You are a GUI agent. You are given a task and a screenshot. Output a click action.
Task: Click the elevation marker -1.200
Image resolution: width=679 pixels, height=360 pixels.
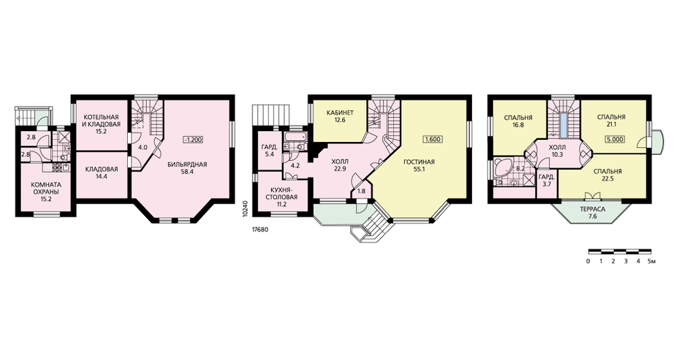click(x=193, y=139)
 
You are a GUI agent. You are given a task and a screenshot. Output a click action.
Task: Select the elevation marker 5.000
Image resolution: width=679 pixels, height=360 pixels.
click(x=615, y=139)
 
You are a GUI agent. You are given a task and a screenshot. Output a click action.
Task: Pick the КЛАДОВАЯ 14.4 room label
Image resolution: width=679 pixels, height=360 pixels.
click(x=101, y=173)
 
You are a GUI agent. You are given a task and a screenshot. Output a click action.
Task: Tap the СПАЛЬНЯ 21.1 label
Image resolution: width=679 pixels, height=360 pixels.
click(x=611, y=120)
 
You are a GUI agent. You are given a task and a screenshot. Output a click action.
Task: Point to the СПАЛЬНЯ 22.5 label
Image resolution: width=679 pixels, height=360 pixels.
click(x=610, y=175)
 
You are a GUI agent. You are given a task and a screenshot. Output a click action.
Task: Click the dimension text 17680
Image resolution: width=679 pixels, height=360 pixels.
click(x=260, y=230)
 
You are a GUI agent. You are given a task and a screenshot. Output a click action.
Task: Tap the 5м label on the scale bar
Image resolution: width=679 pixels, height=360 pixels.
click(x=652, y=262)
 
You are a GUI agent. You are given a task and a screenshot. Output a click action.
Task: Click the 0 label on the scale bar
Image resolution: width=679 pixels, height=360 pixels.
click(x=588, y=262)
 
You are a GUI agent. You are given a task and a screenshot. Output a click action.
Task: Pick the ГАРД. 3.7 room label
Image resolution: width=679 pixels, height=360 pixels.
click(x=545, y=181)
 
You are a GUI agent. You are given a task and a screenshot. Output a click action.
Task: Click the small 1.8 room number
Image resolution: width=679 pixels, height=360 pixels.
click(x=362, y=191)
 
